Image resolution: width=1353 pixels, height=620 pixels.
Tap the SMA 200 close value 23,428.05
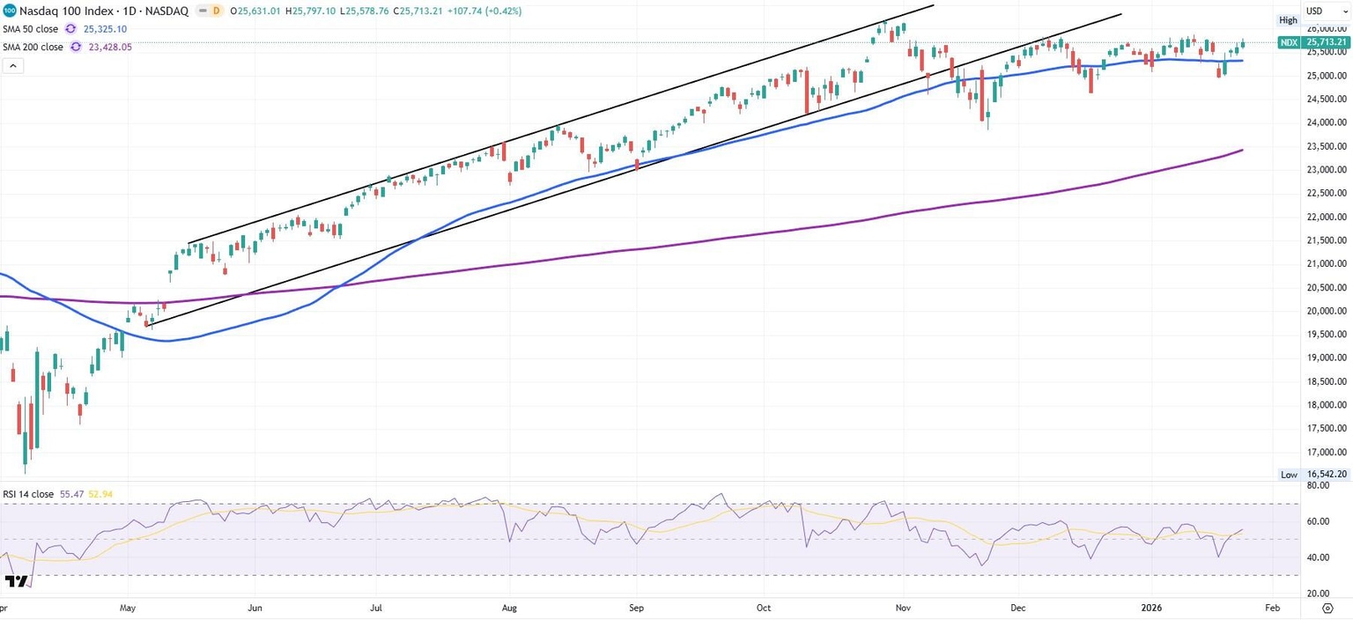(x=111, y=48)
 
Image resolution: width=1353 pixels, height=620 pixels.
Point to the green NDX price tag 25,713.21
(x=1325, y=42)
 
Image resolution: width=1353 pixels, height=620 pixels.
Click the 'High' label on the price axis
(x=1289, y=20)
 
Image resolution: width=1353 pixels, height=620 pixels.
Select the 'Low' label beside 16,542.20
(x=1289, y=474)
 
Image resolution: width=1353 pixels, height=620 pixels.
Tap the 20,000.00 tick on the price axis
(x=1326, y=311)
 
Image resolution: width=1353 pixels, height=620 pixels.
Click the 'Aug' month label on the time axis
(x=508, y=608)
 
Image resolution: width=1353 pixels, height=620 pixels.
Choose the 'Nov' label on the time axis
(x=902, y=608)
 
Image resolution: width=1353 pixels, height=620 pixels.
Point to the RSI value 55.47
(x=70, y=495)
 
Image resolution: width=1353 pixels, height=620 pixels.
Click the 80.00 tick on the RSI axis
(x=1318, y=485)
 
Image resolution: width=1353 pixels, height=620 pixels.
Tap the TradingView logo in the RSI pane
(x=15, y=581)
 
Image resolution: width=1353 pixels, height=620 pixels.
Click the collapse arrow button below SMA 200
(x=12, y=66)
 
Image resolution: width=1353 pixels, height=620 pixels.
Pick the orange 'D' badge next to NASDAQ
(x=216, y=11)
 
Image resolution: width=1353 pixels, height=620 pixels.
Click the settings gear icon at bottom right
(x=1327, y=608)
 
